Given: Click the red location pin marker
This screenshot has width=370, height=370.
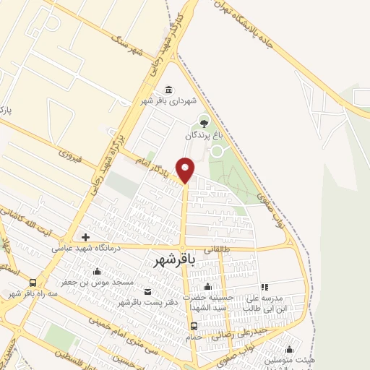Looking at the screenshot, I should (186, 169).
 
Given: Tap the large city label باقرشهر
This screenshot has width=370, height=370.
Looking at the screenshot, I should (176, 261).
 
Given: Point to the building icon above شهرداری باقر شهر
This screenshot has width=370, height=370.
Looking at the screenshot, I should (168, 90).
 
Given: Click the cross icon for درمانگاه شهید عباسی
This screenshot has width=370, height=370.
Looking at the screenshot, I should (85, 237).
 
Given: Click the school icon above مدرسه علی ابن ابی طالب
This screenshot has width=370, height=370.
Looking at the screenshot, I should (264, 287).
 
